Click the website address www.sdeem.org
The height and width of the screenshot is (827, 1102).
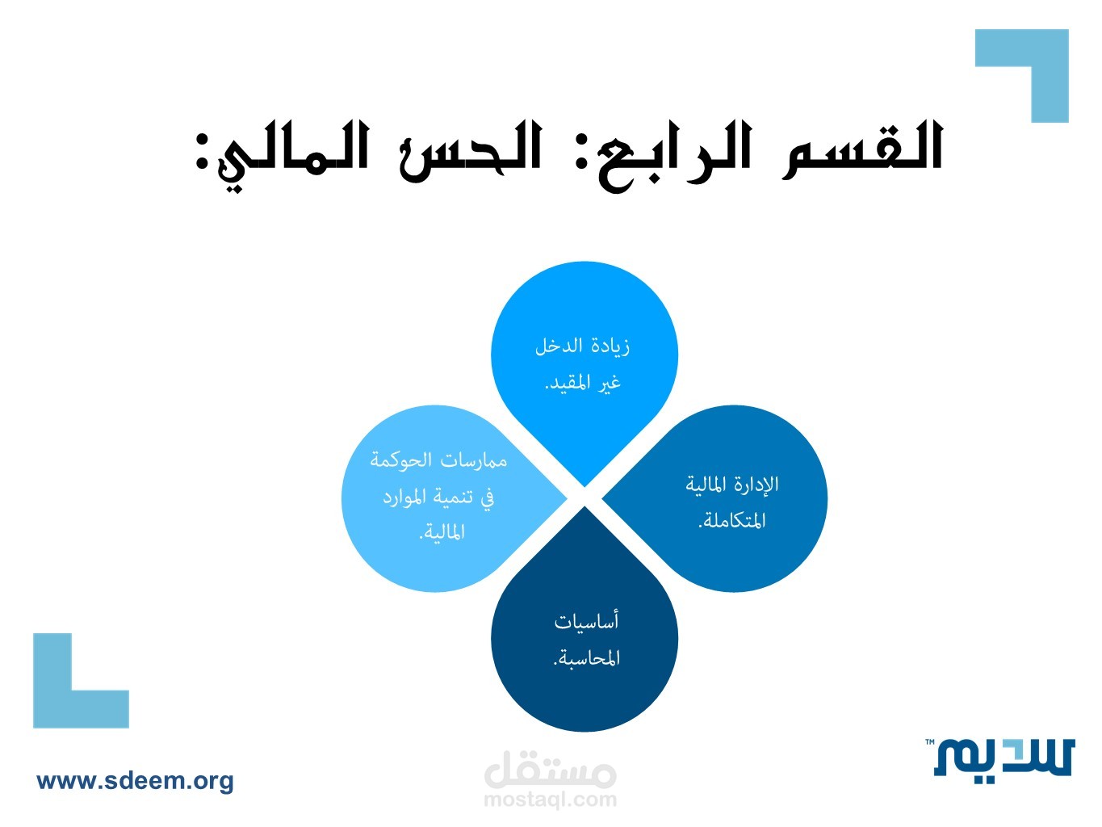click(135, 781)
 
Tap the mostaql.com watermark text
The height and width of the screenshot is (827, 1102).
click(551, 799)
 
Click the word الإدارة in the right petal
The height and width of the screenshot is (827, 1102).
click(758, 485)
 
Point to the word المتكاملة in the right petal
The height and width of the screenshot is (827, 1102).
click(732, 521)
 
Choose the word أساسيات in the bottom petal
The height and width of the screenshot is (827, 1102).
click(586, 622)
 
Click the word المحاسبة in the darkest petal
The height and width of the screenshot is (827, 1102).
click(586, 657)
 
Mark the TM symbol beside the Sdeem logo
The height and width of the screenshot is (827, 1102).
click(930, 741)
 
